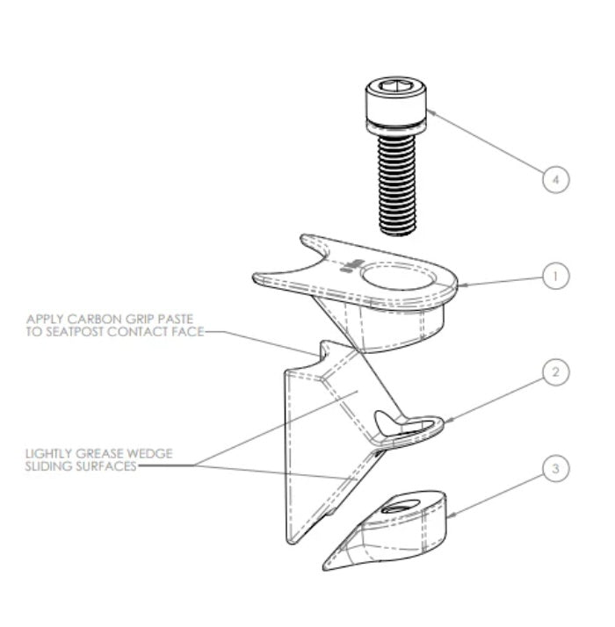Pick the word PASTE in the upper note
coord(174,318)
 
